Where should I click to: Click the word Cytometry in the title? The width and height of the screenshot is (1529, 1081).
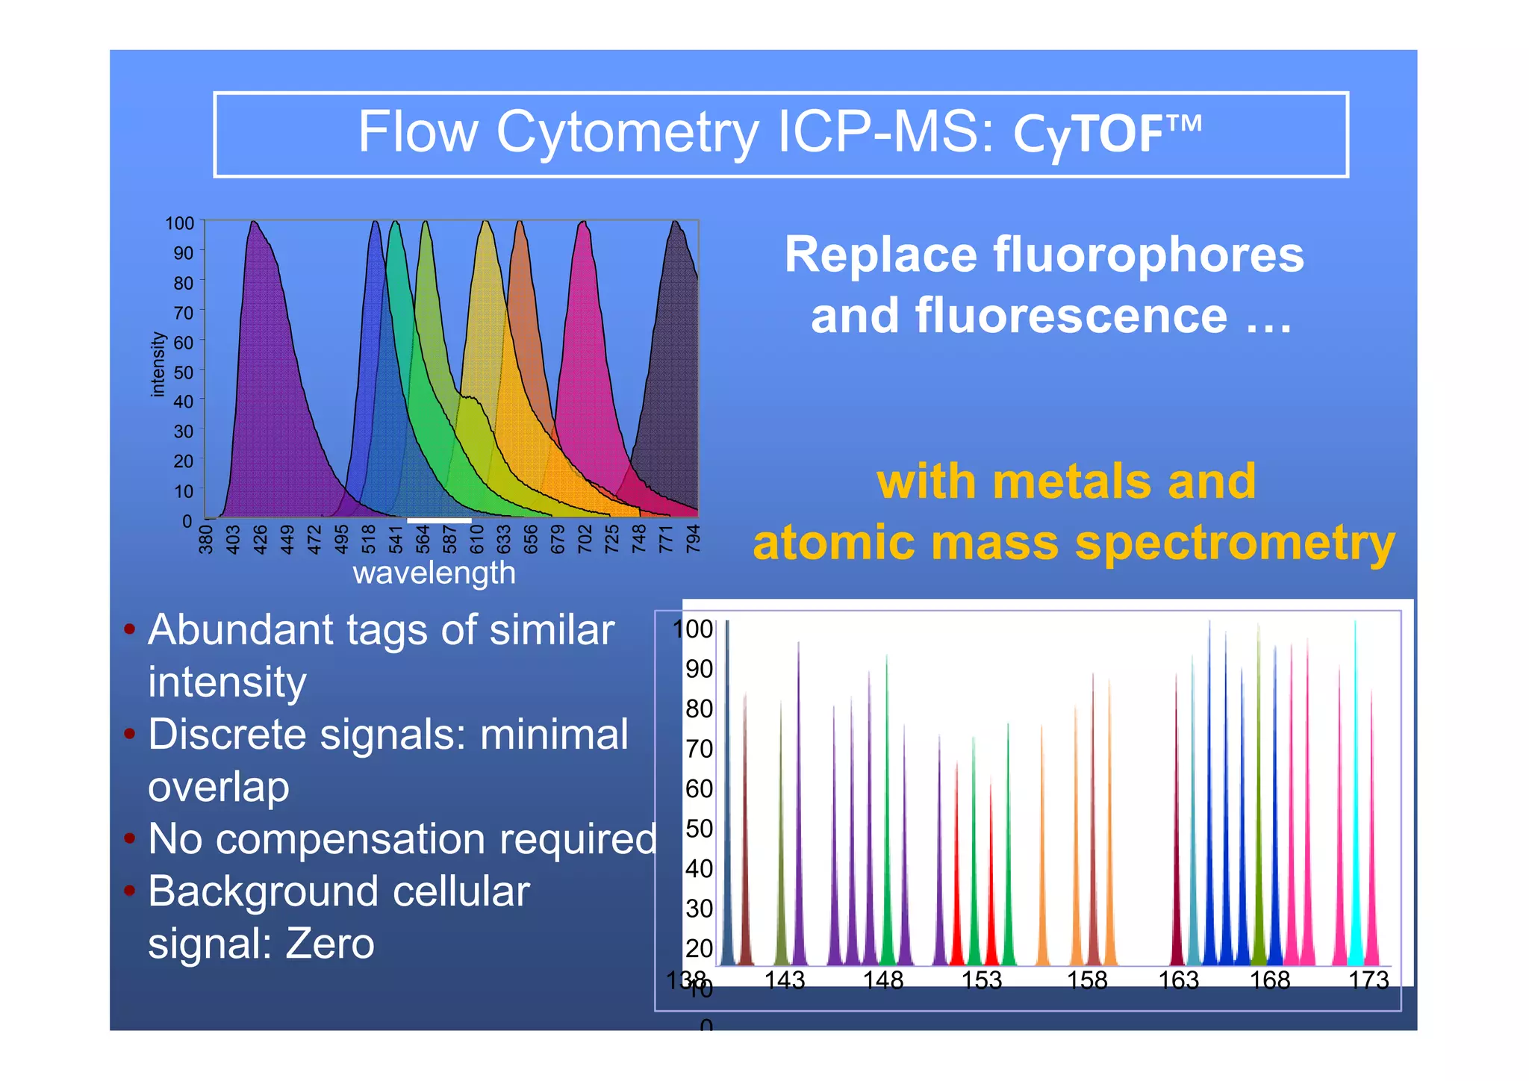[627, 133]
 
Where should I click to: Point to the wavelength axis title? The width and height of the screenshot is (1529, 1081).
[434, 573]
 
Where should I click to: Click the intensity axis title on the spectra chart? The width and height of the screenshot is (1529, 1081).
[157, 364]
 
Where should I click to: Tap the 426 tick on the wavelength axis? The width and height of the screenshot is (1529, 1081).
[260, 539]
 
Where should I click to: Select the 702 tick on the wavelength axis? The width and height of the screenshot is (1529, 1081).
[585, 539]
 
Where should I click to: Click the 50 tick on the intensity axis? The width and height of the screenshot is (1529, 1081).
[183, 372]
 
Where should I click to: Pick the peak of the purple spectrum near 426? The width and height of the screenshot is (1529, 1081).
[254, 224]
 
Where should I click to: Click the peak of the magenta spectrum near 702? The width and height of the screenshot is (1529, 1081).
[583, 224]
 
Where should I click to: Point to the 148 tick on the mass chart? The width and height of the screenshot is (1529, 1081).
[883, 980]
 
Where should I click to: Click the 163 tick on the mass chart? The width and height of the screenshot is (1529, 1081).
[1178, 980]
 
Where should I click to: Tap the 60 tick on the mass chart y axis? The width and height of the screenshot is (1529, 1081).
[699, 788]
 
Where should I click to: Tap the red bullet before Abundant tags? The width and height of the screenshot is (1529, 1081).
[130, 629]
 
